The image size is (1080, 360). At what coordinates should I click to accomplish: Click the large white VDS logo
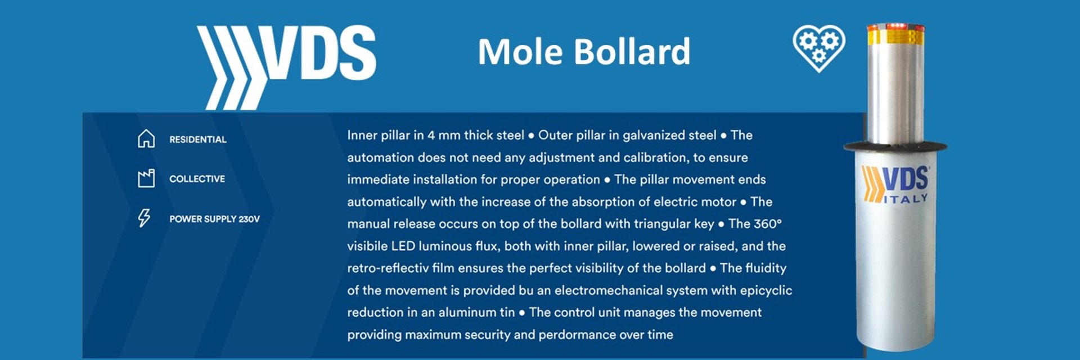click(286, 66)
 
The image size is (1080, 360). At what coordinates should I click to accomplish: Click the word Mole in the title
click(520, 52)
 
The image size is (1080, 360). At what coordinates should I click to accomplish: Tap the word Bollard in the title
click(632, 51)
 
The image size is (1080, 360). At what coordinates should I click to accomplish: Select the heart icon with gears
click(818, 47)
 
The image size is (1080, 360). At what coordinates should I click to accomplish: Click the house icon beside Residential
click(146, 138)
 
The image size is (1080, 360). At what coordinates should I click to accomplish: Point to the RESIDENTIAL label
click(198, 139)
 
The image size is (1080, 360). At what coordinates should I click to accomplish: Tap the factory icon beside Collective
click(146, 178)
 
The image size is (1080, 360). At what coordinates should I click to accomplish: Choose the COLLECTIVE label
click(197, 179)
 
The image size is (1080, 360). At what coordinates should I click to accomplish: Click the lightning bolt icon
click(145, 218)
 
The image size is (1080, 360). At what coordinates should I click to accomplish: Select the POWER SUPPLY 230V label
click(214, 219)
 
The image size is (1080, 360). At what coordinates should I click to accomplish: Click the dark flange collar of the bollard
click(895, 146)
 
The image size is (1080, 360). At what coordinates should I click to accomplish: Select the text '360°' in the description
click(768, 224)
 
